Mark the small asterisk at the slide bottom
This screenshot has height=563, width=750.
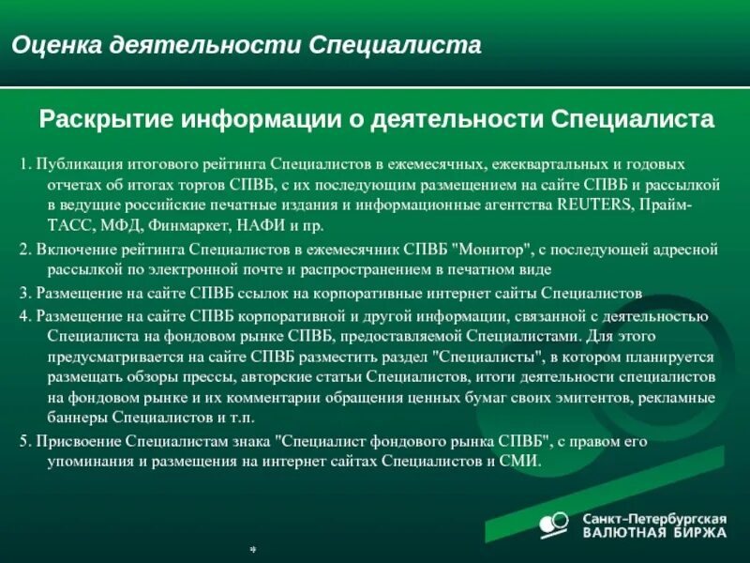[252, 549]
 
